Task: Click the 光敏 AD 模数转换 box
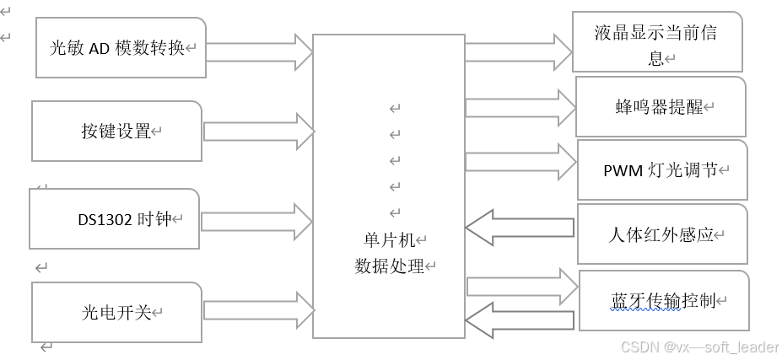(121, 47)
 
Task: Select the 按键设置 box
(117, 131)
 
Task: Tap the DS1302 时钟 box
(115, 219)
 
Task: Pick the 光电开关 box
(116, 312)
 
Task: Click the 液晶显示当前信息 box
(657, 42)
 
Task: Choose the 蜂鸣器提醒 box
(661, 107)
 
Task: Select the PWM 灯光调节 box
(662, 169)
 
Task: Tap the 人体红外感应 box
(662, 234)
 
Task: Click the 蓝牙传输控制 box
(664, 300)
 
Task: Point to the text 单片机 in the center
(388, 240)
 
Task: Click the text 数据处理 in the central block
(388, 266)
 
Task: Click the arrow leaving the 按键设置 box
(258, 132)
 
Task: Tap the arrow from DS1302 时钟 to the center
(256, 221)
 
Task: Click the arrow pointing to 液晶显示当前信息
(518, 51)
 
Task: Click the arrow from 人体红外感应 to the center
(520, 227)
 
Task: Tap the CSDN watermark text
(697, 347)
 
